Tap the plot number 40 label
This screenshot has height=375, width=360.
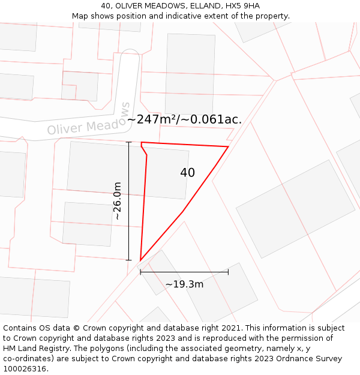(x=187, y=173)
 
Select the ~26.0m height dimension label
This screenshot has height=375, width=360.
(x=118, y=201)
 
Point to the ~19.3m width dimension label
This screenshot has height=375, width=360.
(x=184, y=284)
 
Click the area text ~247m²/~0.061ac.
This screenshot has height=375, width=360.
(x=184, y=119)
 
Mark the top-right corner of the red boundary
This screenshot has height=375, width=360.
(x=228, y=146)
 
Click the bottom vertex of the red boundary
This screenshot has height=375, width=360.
(x=140, y=260)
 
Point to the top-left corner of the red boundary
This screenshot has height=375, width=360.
(x=142, y=143)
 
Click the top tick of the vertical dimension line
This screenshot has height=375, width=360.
(x=128, y=142)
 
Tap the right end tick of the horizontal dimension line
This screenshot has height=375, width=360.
(x=228, y=272)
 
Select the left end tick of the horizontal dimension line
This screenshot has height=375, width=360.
(x=140, y=272)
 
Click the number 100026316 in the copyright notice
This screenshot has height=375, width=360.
(x=25, y=369)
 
